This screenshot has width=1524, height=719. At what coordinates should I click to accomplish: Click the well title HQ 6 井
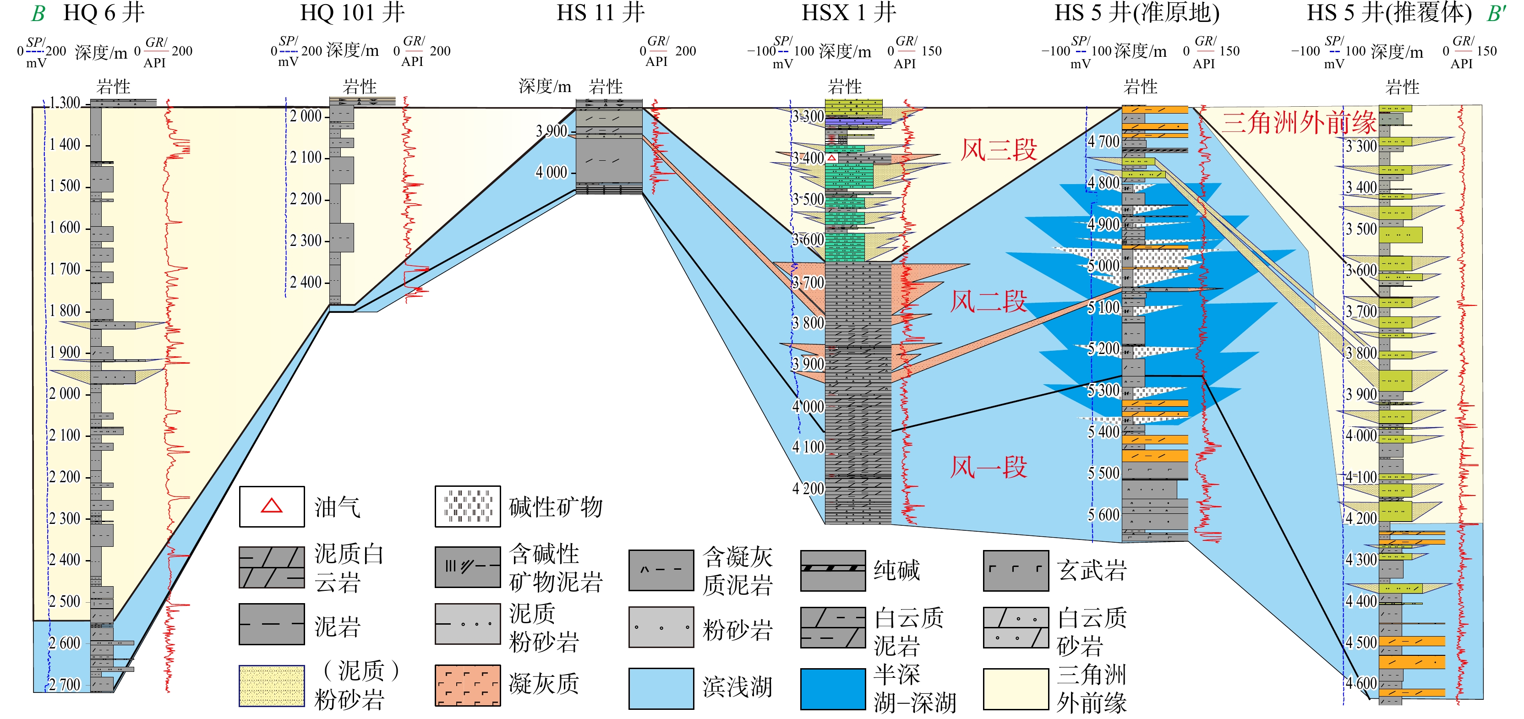pyautogui.click(x=104, y=13)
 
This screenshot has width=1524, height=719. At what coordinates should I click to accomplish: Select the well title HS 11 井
pyautogui.click(x=600, y=13)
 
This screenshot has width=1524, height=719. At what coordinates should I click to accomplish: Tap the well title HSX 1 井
pyautogui.click(x=848, y=13)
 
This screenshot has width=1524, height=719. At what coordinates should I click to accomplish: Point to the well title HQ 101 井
pyautogui.click(x=352, y=13)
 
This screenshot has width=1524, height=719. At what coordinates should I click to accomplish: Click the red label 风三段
pyautogui.click(x=998, y=150)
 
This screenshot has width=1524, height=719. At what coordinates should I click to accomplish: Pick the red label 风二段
pyautogui.click(x=988, y=301)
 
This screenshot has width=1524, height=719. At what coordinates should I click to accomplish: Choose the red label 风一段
pyautogui.click(x=988, y=467)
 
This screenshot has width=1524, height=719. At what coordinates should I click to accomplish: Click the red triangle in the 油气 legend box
pyautogui.click(x=272, y=506)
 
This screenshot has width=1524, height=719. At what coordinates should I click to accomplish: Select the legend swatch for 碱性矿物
pyautogui.click(x=467, y=506)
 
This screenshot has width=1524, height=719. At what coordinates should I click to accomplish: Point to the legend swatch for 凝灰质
pyautogui.click(x=467, y=685)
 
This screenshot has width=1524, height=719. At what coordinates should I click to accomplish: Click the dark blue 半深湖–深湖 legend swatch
pyautogui.click(x=832, y=688)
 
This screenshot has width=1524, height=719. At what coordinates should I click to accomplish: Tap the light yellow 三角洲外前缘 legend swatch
pyautogui.click(x=1015, y=688)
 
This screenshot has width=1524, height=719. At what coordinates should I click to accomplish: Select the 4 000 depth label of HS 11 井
pyautogui.click(x=552, y=172)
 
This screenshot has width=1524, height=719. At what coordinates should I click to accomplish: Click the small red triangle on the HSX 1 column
pyautogui.click(x=832, y=158)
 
